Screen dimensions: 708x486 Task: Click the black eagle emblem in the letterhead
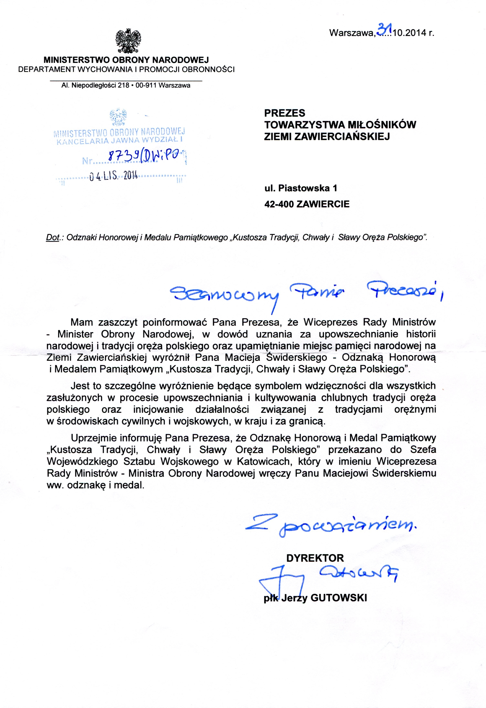pyautogui.click(x=128, y=41)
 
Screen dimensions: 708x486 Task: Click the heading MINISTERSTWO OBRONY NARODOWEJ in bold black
pyautogui.click(x=126, y=60)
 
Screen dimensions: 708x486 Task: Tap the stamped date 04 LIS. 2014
pyautogui.click(x=114, y=176)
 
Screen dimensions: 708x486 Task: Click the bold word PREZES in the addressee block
pyautogui.click(x=284, y=113)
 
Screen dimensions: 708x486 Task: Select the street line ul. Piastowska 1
pyautogui.click(x=300, y=188)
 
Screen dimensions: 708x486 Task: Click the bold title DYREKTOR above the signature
pyautogui.click(x=315, y=558)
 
